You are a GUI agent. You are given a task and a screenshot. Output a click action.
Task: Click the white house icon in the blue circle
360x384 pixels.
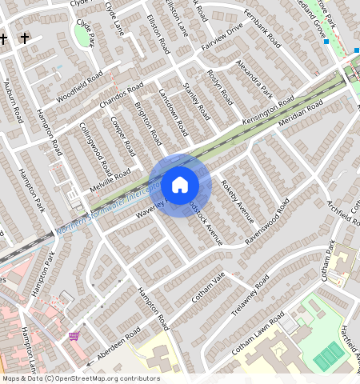pos(180,185)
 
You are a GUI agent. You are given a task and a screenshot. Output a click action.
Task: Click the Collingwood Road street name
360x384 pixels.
pos(96,150)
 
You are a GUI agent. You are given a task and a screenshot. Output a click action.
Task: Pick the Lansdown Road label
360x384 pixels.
pos(173,112)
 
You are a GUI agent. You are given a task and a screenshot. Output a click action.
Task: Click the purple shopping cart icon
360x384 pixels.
pos(74,336)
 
